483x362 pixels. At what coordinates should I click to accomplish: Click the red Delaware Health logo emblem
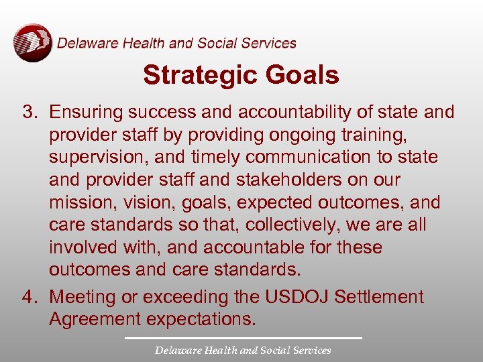pyautogui.click(x=32, y=43)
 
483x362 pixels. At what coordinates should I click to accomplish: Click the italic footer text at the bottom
pyautogui.click(x=242, y=351)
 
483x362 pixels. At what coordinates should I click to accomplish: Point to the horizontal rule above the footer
pyautogui.click(x=242, y=338)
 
